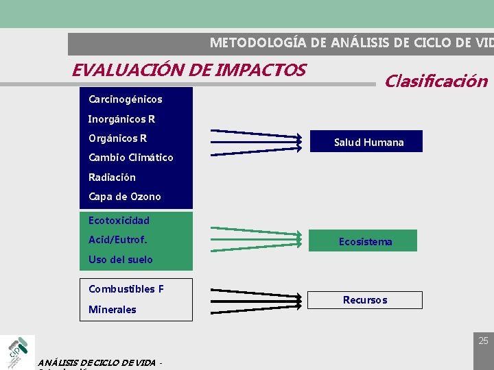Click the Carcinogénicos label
(126, 99)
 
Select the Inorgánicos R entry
(121, 119)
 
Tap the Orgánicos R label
(117, 138)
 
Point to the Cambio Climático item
(130, 158)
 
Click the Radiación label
(112, 177)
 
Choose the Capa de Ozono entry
(124, 197)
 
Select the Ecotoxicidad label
(119, 221)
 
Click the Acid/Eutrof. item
(117, 240)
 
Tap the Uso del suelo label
(120, 260)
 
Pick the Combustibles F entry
(126, 289)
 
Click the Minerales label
(112, 310)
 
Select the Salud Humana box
(369, 142)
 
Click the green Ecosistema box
(366, 241)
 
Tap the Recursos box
(365, 300)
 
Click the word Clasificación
(436, 82)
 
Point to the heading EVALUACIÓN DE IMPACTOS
(189, 70)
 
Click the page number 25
(483, 341)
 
